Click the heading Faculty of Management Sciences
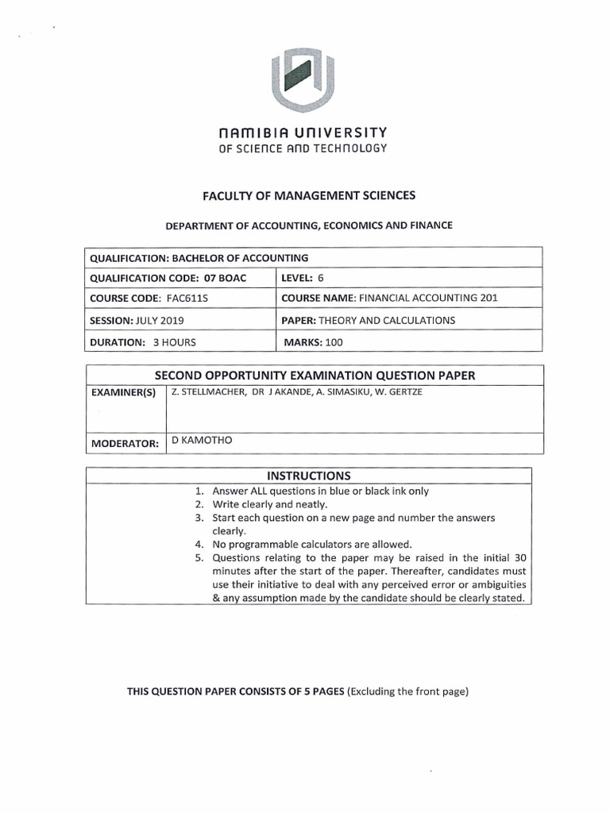coord(306,195)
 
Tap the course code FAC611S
coord(172,299)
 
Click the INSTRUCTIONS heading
coord(308,476)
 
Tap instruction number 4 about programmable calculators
coord(311,544)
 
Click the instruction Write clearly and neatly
coord(269,504)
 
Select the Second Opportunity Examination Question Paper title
coord(314,375)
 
